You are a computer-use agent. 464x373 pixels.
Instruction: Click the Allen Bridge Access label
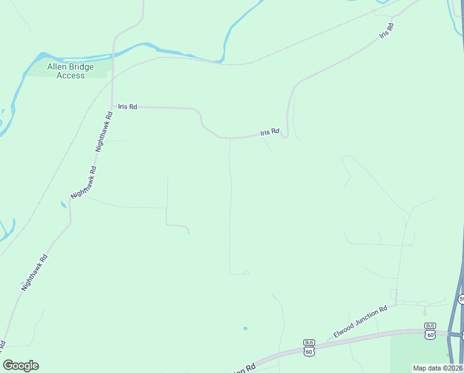70,71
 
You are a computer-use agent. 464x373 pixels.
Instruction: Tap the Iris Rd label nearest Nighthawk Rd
127,106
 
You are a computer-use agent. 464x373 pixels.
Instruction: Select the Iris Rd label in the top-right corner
387,31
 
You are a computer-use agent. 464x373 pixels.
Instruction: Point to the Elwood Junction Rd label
360,321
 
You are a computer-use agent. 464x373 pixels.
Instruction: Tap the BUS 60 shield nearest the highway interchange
430,331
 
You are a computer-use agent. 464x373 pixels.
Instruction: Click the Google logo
21,366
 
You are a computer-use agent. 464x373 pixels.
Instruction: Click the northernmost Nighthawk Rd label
104,132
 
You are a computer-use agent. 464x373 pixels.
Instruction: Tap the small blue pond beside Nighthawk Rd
63,205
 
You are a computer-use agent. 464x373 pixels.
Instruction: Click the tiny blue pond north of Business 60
246,328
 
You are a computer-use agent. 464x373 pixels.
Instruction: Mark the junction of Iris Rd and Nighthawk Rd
112,106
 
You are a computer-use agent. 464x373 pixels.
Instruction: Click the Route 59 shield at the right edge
462,299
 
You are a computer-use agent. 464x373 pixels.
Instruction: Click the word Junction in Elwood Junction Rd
362,320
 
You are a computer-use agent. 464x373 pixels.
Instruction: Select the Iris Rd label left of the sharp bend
270,132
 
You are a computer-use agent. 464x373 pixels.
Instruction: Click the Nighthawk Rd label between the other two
84,182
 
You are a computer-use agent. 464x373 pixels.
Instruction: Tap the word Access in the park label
70,75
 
